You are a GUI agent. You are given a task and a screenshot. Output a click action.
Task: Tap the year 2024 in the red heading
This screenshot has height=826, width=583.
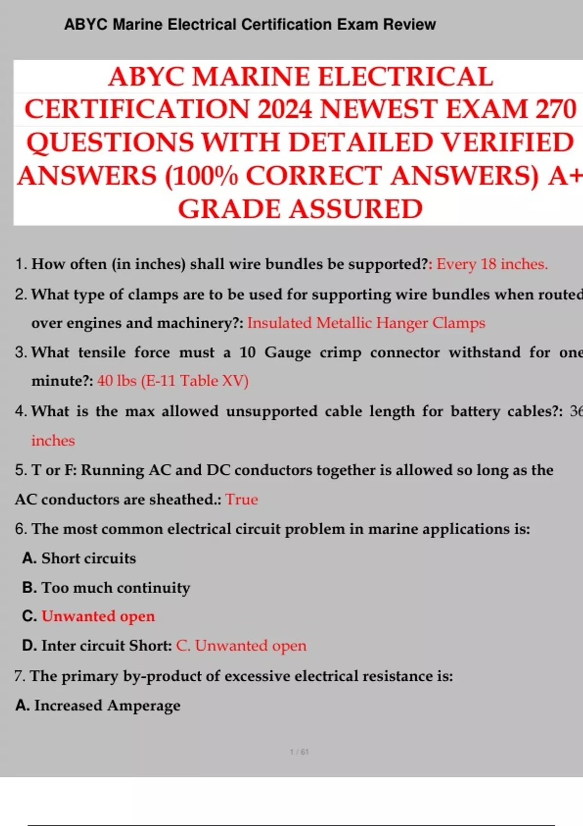pyautogui.click(x=284, y=109)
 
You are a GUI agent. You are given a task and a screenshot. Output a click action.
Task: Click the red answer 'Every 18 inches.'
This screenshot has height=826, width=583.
pyautogui.click(x=492, y=264)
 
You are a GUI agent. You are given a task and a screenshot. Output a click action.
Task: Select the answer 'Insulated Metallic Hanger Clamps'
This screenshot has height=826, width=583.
pyautogui.click(x=366, y=323)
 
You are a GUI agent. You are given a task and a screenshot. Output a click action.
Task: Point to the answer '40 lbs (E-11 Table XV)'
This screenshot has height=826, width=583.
pyautogui.click(x=173, y=380)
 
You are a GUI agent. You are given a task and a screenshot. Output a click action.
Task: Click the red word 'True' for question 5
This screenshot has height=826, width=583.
pyautogui.click(x=241, y=499)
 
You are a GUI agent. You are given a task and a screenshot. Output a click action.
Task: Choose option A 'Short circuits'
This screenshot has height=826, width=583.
pyautogui.click(x=88, y=558)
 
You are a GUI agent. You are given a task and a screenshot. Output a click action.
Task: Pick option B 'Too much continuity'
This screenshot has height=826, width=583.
pyautogui.click(x=116, y=588)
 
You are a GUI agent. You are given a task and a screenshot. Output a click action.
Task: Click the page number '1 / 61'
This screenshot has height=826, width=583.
pyautogui.click(x=299, y=752)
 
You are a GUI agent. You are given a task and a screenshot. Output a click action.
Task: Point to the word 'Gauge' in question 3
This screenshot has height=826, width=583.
pyautogui.click(x=288, y=352)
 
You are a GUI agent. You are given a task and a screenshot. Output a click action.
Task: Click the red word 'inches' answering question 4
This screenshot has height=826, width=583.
pyautogui.click(x=53, y=441)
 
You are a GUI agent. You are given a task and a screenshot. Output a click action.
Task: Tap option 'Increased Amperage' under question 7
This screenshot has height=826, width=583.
pyautogui.click(x=107, y=706)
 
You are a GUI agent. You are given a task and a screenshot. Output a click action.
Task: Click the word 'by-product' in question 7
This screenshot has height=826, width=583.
pyautogui.click(x=171, y=676)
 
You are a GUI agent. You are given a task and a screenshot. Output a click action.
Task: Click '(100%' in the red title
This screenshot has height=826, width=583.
pyautogui.click(x=201, y=176)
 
